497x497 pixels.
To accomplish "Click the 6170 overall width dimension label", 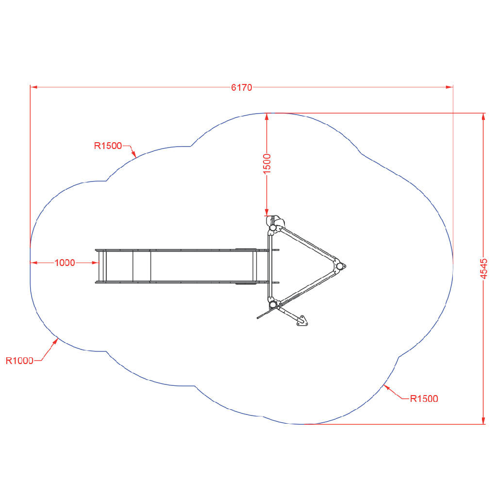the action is click(x=242, y=87).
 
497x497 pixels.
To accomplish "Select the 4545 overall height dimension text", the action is click(x=483, y=269).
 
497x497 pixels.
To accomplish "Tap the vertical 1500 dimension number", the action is click(x=267, y=164).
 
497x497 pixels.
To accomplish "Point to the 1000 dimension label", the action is click(x=65, y=263).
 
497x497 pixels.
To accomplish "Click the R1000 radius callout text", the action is click(x=19, y=361).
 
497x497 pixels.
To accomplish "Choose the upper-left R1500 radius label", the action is click(x=108, y=146).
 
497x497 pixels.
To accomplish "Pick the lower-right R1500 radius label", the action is click(x=424, y=399).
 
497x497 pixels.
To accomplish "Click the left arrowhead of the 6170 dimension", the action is click(x=33, y=87).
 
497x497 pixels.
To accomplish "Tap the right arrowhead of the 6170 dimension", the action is click(x=449, y=87).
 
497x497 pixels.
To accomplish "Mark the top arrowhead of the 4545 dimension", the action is click(x=483, y=116).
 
